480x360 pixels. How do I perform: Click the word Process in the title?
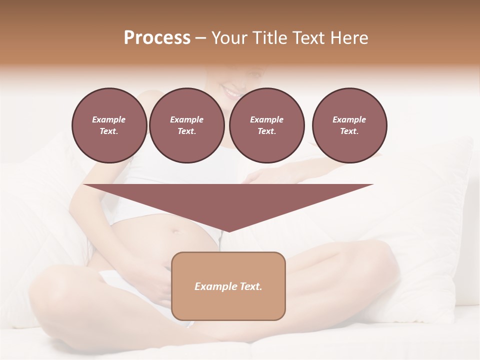click(x=157, y=38)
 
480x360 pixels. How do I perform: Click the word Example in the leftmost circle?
click(x=109, y=119)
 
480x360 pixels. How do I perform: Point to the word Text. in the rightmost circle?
click(x=349, y=131)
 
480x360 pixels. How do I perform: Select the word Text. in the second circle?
click(x=187, y=131)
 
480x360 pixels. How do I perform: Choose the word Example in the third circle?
click(x=266, y=119)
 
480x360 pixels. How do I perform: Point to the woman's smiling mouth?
click(x=232, y=92)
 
